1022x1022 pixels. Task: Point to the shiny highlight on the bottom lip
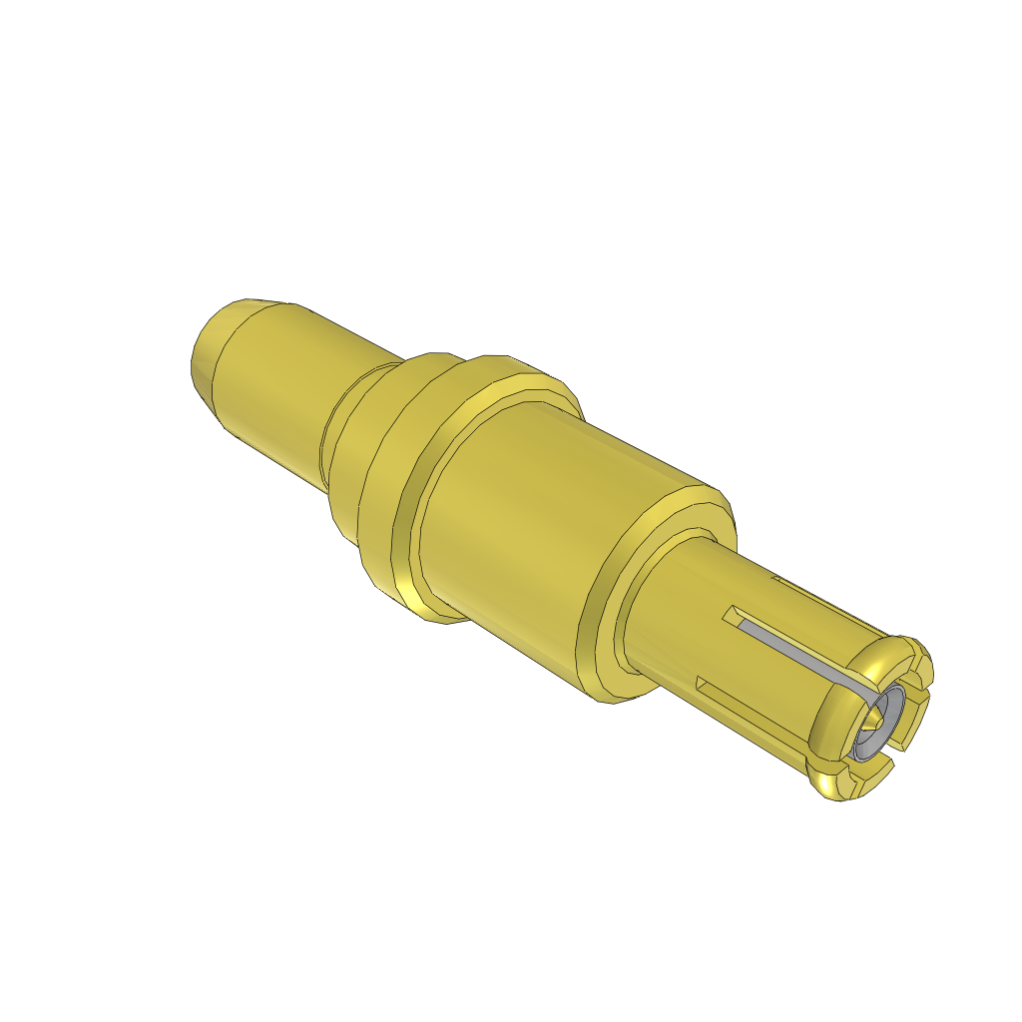pyautogui.click(x=833, y=788)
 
